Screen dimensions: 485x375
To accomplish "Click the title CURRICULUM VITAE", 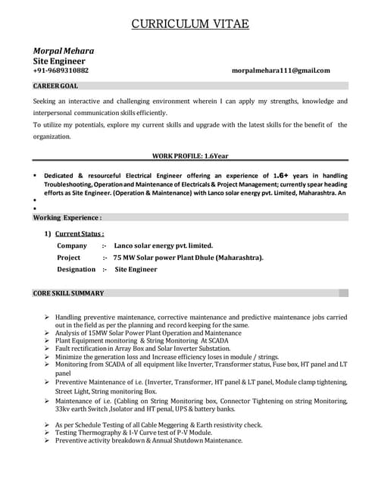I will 189,24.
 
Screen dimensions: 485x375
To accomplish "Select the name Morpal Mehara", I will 64,51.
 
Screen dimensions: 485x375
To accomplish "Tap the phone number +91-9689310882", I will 61,70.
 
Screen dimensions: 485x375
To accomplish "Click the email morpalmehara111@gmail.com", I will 281,70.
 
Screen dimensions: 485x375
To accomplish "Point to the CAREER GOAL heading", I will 55,86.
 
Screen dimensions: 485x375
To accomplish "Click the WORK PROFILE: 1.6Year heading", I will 190,155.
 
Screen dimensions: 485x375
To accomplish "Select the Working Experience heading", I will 67,217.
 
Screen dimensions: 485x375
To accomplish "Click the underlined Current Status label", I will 80,233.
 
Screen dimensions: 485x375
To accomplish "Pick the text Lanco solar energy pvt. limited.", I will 164,246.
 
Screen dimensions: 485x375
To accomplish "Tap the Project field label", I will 69,257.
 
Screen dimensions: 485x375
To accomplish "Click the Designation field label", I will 77,269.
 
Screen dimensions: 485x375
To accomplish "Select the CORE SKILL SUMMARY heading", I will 68,293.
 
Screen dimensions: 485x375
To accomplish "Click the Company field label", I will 72,246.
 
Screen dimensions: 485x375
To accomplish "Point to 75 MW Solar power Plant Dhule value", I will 189,257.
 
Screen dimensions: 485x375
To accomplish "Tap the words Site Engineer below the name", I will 59,61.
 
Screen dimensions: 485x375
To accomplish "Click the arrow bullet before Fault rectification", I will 47,349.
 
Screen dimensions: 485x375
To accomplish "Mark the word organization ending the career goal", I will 52,137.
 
